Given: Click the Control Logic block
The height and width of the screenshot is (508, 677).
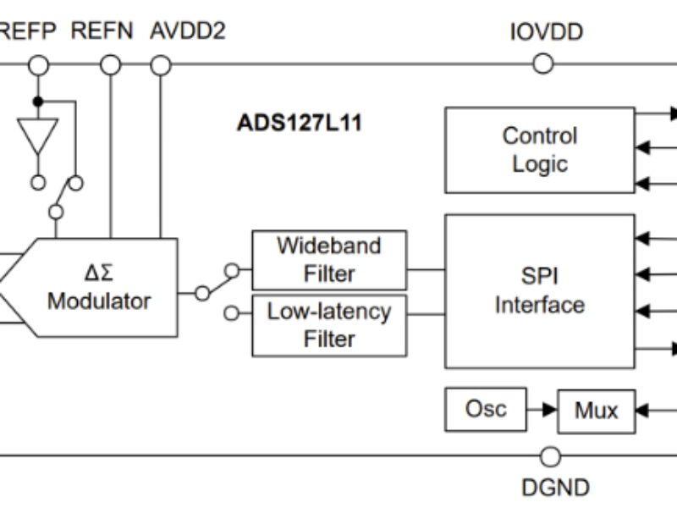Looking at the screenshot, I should pyautogui.click(x=539, y=150).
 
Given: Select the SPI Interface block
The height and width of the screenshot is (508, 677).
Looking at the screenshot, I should pyautogui.click(x=539, y=290).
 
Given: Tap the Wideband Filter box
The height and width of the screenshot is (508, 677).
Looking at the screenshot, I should pyautogui.click(x=329, y=260).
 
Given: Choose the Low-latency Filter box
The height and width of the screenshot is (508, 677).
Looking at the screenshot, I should pyautogui.click(x=329, y=325).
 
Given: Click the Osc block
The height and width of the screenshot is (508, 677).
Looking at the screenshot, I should pyautogui.click(x=486, y=410).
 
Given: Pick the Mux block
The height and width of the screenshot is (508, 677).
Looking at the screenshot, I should pyautogui.click(x=596, y=411).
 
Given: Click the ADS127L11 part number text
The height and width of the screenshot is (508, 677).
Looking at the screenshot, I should pyautogui.click(x=300, y=124).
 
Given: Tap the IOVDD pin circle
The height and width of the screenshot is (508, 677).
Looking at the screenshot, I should pyautogui.click(x=543, y=63).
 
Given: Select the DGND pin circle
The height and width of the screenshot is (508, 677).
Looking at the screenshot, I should pyautogui.click(x=551, y=457).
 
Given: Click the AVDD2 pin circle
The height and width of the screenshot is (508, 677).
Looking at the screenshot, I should pyautogui.click(x=161, y=64).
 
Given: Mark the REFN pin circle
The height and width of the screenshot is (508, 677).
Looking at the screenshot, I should pyautogui.click(x=111, y=64).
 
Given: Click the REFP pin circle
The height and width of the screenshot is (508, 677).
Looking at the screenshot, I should pyautogui.click(x=38, y=64).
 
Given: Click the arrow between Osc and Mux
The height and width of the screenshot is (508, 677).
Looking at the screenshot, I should pyautogui.click(x=542, y=410).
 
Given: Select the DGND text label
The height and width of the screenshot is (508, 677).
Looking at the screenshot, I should pyautogui.click(x=555, y=488).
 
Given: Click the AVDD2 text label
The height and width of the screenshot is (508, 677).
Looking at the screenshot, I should pyautogui.click(x=188, y=32).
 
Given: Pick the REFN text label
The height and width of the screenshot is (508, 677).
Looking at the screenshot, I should pyautogui.click(x=102, y=32).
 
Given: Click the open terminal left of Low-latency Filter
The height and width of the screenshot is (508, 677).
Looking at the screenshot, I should pyautogui.click(x=231, y=314).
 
